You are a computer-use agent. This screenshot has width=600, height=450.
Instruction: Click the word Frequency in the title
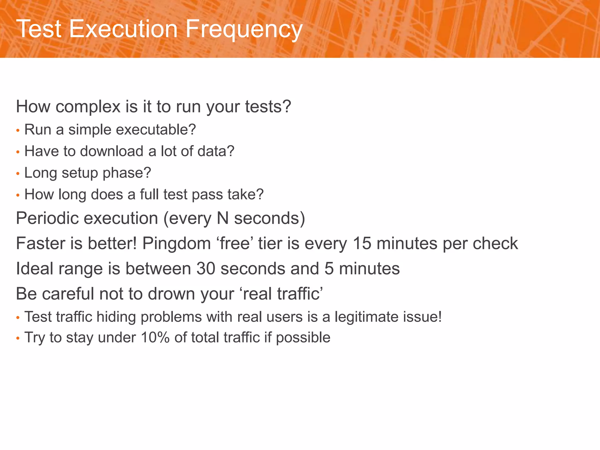244,29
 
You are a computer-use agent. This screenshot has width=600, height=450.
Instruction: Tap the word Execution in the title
123,29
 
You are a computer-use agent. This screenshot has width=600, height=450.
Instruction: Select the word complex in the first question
88,107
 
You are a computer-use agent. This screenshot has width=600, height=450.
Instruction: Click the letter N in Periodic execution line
223,218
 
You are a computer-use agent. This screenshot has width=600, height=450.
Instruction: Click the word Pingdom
177,243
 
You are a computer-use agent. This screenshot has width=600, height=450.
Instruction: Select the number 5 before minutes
329,269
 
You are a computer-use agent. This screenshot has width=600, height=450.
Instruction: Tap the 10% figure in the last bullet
155,337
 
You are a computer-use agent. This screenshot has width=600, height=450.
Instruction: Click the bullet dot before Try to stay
18,338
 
